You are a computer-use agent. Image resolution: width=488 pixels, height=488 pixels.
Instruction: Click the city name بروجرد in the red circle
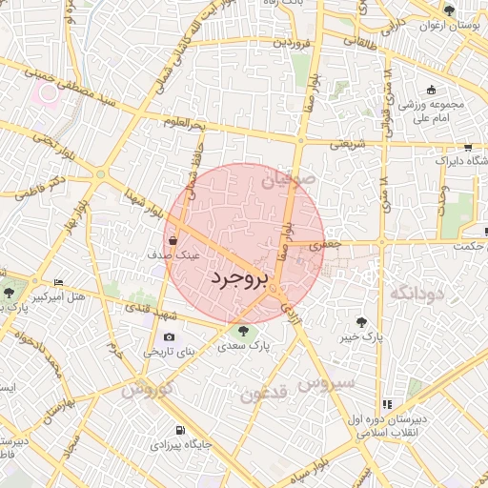tap(239, 278)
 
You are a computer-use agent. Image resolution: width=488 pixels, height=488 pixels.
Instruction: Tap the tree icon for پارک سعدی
tap(244, 332)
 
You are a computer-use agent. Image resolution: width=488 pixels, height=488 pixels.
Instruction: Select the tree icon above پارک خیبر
tap(361, 322)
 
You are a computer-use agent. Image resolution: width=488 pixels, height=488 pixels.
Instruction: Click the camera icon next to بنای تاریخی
tap(170, 336)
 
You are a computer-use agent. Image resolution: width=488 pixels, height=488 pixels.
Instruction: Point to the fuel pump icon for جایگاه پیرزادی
tap(180, 429)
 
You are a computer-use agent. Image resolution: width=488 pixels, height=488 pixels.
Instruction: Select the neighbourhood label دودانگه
tap(417, 293)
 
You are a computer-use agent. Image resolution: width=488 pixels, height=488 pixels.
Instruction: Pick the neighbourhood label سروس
tap(326, 383)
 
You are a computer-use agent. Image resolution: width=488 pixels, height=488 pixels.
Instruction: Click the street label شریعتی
tap(348, 145)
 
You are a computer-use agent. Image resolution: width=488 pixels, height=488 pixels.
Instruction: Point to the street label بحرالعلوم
tap(183, 123)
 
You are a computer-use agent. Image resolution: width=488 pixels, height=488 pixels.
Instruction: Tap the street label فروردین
tap(295, 43)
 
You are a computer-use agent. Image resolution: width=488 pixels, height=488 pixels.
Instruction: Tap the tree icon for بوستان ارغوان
tap(449, 10)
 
